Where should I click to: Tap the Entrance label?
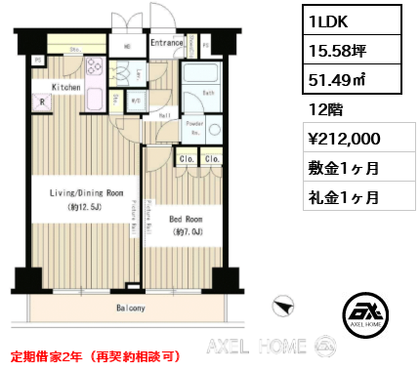(x=167, y=42)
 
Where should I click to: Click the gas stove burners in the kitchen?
(x=97, y=69)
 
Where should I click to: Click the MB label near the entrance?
(x=127, y=45)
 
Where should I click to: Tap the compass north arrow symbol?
(x=283, y=307)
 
